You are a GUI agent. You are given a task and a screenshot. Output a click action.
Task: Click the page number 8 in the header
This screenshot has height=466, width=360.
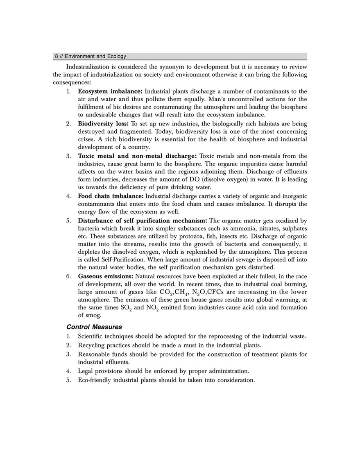(56, 57)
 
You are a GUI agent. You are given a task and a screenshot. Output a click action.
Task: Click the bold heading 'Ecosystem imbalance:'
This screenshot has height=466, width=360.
(110, 91)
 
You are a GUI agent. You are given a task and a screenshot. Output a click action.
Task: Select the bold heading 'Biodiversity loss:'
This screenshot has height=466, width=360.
(103, 123)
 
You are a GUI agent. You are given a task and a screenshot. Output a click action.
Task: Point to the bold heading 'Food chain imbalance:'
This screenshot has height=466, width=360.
(111, 196)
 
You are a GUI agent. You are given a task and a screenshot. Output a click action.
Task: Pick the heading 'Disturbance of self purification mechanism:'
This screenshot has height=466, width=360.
(143, 221)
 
